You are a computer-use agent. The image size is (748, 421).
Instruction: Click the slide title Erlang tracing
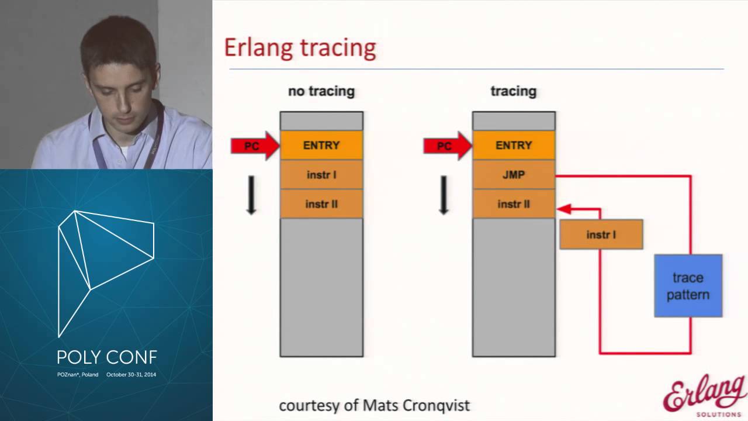point(300,48)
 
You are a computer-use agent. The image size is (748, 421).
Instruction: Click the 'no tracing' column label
point(321,91)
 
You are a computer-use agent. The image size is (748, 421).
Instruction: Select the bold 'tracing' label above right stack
point(513,91)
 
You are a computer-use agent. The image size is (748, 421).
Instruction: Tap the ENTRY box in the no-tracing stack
point(321,145)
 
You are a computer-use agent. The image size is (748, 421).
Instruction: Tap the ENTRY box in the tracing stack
point(514,145)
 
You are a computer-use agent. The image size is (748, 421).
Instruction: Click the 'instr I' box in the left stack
point(321,175)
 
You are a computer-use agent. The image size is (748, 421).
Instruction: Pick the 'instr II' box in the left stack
point(321,204)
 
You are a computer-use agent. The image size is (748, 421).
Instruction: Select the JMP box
point(514,175)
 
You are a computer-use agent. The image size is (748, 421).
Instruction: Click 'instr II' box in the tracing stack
point(514,204)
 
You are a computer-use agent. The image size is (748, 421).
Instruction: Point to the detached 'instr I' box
point(601,234)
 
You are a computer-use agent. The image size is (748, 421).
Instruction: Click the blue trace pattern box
point(688,286)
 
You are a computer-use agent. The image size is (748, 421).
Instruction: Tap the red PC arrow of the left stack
point(255,146)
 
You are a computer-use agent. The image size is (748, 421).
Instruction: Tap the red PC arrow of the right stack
point(448,146)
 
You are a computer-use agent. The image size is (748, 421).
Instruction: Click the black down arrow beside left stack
point(251,195)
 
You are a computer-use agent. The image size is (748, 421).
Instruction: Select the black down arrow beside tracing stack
point(444,195)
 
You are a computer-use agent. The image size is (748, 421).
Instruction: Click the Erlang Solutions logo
point(704,395)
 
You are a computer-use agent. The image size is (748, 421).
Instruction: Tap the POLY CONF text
point(106,357)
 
